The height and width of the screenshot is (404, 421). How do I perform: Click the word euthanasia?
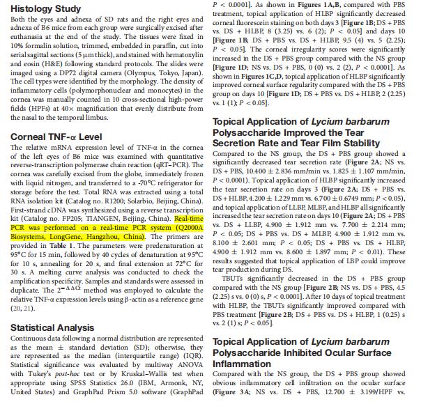coord(29,33)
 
